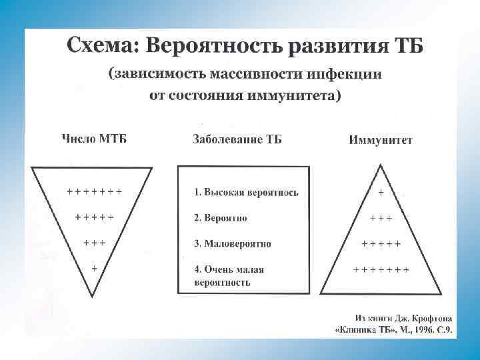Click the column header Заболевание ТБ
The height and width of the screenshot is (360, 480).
point(237,139)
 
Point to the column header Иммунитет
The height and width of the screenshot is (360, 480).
point(381,140)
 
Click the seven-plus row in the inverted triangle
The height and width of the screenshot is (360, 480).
point(94,191)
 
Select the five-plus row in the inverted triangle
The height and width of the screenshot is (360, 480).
point(94,217)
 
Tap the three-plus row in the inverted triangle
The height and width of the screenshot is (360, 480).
point(94,242)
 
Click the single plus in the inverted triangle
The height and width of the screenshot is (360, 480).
point(94,267)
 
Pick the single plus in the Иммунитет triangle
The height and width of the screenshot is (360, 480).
point(381,193)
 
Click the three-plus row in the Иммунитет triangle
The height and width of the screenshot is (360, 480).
point(381,218)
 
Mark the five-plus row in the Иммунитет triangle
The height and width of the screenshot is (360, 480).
point(381,243)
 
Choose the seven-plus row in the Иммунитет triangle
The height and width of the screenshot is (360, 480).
point(381,269)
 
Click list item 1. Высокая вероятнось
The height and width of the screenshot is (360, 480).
point(246,193)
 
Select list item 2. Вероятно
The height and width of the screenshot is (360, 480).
point(221,218)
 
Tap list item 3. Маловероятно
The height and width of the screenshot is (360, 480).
point(233,243)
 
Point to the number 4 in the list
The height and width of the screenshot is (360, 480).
point(197,269)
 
